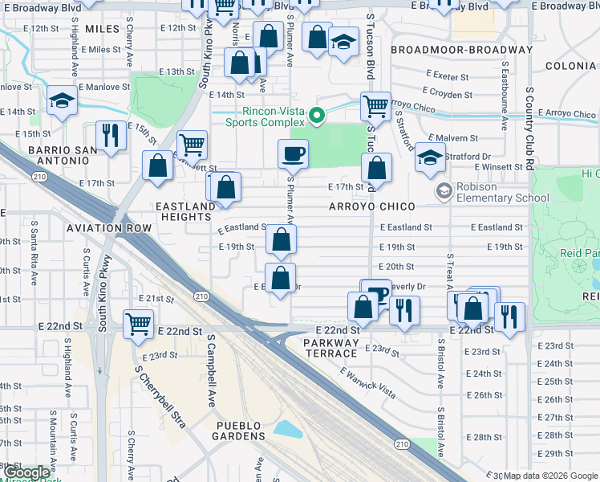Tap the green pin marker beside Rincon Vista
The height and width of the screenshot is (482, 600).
316,116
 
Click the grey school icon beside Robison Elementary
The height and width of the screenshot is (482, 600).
443,191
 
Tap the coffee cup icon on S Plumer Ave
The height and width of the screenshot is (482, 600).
293,153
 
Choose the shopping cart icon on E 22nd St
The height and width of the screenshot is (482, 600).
139,323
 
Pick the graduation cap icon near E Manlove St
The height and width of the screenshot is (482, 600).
61,101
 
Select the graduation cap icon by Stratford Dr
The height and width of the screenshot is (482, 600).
430,158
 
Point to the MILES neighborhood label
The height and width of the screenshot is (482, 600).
101,29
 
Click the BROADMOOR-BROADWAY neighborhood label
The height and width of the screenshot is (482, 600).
461,50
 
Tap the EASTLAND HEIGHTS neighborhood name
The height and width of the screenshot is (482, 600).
186,212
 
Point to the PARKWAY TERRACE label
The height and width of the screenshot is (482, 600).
330,348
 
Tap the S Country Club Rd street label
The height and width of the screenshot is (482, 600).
530,128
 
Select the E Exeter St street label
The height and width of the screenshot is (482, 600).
448,75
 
